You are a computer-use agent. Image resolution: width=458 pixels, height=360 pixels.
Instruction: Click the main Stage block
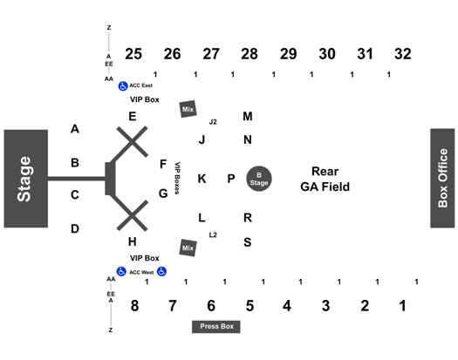point(25,179)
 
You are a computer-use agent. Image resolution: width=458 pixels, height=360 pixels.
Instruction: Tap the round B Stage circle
point(259,179)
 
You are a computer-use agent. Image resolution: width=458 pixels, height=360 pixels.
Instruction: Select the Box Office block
point(442,178)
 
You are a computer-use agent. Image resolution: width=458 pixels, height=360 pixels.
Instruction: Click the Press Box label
point(216,326)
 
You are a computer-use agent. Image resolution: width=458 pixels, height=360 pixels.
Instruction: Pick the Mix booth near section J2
point(188,109)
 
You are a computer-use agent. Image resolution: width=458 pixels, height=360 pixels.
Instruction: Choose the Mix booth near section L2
point(188,248)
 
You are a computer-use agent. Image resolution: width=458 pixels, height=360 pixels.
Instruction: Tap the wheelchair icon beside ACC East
point(123,86)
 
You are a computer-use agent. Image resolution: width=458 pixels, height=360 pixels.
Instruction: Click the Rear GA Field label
point(325,179)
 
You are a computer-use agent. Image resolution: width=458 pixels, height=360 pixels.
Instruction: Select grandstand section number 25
point(133,54)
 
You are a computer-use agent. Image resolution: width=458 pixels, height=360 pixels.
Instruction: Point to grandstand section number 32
point(403,54)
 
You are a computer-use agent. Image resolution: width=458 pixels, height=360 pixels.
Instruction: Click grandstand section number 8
point(134,306)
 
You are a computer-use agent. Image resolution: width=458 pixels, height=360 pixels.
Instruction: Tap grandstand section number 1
point(403,306)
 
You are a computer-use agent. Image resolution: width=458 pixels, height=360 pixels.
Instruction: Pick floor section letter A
point(75,129)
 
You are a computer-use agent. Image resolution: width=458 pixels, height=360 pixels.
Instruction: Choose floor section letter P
point(231,179)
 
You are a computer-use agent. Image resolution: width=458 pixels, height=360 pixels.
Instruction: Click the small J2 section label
point(213,122)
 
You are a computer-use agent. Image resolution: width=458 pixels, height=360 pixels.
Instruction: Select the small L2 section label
point(213,234)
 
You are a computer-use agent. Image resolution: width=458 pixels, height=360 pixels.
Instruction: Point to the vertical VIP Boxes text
point(177,178)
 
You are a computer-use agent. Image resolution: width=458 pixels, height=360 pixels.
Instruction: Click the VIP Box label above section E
point(145,99)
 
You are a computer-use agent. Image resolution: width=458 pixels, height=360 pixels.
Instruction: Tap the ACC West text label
point(141,273)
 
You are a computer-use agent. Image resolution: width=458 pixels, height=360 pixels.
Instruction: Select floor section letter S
point(248,242)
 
